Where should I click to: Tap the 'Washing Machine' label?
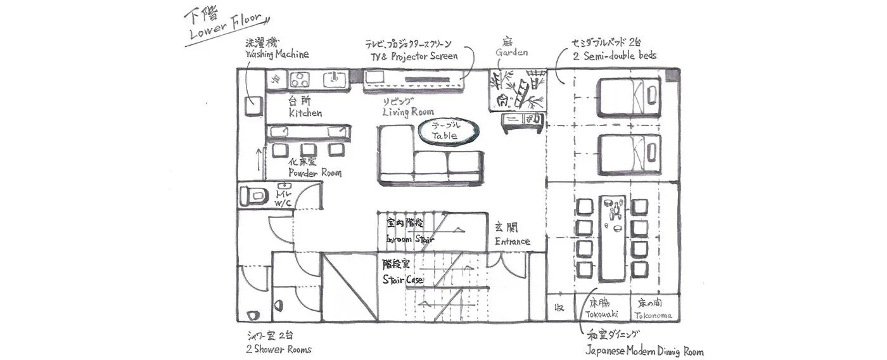coord(277,55)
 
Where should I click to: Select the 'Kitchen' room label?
coord(305,113)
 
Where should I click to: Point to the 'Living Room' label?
coord(408,112)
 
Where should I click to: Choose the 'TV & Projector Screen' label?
coord(414,56)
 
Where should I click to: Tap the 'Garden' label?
coord(511,53)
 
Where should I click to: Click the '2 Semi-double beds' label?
coord(614,55)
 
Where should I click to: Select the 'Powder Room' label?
coord(314,172)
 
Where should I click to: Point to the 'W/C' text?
coord(283,202)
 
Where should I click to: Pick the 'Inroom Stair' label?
coord(410,239)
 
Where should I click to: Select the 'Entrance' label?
coord(512,241)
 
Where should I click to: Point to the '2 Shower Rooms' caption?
coord(278,349)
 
